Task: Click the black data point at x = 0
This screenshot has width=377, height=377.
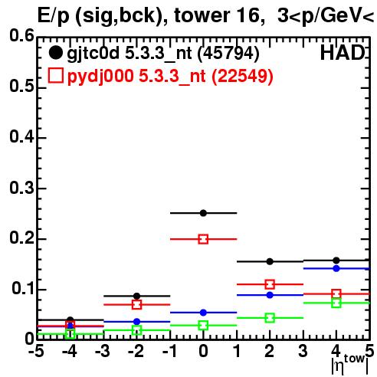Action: [203, 213]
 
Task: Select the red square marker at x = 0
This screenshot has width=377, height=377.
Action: [203, 239]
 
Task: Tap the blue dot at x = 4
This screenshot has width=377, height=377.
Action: [336, 268]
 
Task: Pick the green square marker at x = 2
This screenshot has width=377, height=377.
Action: [270, 318]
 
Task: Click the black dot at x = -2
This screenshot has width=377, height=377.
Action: [136, 296]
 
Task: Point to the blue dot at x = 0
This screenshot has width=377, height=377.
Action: [203, 313]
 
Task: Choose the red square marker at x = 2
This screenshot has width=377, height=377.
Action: [270, 284]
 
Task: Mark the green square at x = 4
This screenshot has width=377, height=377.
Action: [336, 303]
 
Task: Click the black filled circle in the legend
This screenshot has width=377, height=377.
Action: [55, 53]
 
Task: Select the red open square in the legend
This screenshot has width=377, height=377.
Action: [55, 75]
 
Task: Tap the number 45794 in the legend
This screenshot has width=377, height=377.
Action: [228, 53]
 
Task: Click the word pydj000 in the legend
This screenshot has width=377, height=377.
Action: [100, 77]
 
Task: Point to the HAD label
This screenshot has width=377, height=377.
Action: [343, 53]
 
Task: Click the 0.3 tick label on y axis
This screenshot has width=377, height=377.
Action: [21, 188]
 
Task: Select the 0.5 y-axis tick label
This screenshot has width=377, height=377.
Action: [21, 86]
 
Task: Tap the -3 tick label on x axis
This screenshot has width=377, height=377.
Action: [103, 351]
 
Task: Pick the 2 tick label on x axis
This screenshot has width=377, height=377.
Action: [270, 351]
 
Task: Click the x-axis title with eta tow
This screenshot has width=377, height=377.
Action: [349, 364]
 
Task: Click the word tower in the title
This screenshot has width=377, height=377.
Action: [202, 15]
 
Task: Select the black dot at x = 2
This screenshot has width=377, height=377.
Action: [270, 261]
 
